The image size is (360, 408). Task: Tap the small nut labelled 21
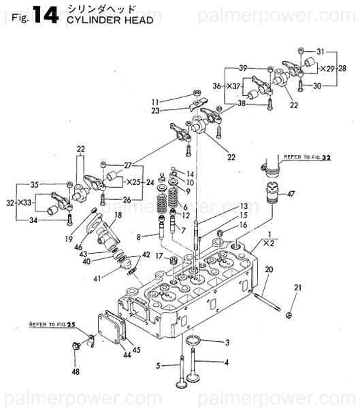[x=290, y=313]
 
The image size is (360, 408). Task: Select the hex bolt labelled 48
[x=74, y=347]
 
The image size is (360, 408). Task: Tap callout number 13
[x=225, y=206]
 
